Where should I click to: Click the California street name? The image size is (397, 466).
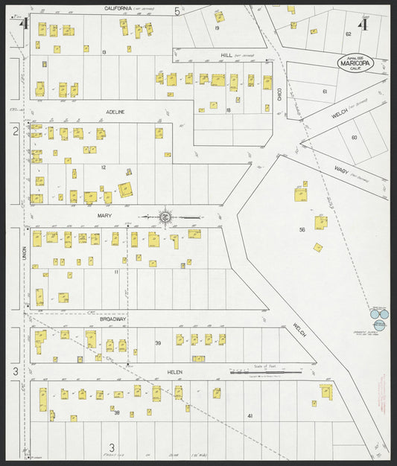click(x=119, y=7)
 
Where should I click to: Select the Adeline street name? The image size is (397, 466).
click(x=115, y=112)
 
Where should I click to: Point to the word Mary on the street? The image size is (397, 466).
click(x=104, y=214)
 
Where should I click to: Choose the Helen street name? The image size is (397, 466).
click(x=175, y=371)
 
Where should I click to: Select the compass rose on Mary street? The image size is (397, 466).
click(x=165, y=217)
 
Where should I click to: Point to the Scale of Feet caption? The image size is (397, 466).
click(x=264, y=366)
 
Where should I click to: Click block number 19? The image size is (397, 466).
click(x=217, y=28)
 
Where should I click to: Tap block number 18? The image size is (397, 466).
click(x=229, y=109)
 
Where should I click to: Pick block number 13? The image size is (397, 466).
click(x=104, y=51)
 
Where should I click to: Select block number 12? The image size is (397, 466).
click(x=104, y=167)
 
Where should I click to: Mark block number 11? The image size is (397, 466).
click(x=116, y=272)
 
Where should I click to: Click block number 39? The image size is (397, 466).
click(x=158, y=342)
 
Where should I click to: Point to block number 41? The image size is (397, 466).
click(x=250, y=415)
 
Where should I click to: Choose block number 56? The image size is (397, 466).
click(x=302, y=229)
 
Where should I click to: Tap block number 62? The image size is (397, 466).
click(x=348, y=34)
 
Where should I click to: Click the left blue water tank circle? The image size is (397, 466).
click(x=376, y=314)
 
